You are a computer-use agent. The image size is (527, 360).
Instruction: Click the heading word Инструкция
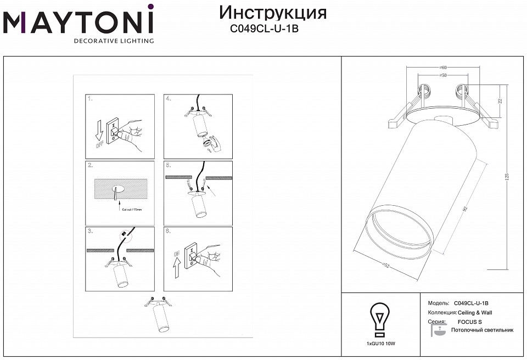coord(273,13)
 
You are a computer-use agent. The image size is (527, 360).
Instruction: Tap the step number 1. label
coord(91,99)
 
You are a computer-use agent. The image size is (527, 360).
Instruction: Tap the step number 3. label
coord(90,231)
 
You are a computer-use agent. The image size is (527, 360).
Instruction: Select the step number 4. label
coord(168,99)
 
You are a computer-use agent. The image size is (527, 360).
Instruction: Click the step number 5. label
coord(168,165)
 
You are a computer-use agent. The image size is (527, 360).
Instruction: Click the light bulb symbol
coord(380,318)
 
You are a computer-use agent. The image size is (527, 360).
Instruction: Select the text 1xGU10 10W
coord(380,343)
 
